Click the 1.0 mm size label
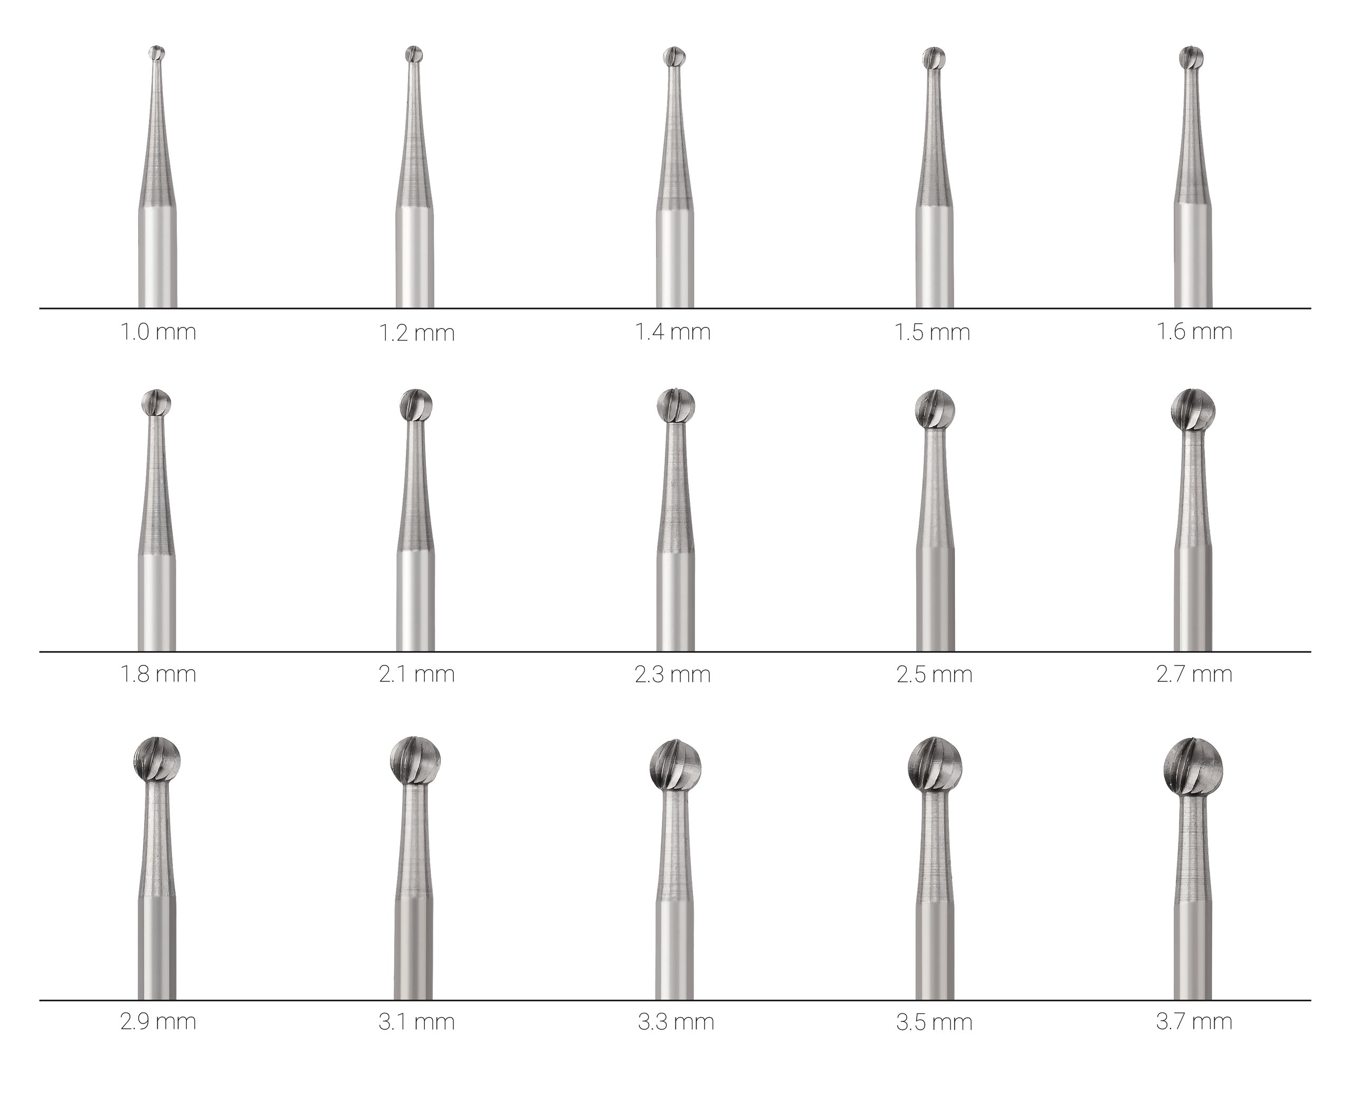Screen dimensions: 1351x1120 (x=158, y=332)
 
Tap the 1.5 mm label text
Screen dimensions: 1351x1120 (x=932, y=332)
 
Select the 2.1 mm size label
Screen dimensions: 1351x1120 (x=417, y=674)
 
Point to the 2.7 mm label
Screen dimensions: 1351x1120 (x=1194, y=674)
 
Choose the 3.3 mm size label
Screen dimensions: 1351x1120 (x=676, y=1022)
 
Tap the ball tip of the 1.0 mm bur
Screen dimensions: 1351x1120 (x=157, y=53)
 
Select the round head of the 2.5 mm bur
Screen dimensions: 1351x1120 (x=934, y=409)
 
